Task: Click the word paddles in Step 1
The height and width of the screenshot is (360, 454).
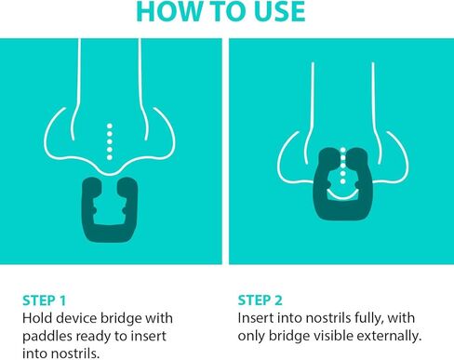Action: [x=47, y=335]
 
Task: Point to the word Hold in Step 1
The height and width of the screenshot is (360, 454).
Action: [x=38, y=317]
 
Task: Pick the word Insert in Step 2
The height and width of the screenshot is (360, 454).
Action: [x=256, y=317]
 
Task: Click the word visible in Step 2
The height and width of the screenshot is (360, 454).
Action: [x=335, y=335]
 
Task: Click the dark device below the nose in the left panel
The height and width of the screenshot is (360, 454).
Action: [x=113, y=206]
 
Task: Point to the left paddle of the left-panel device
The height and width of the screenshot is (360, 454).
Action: [x=91, y=199]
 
